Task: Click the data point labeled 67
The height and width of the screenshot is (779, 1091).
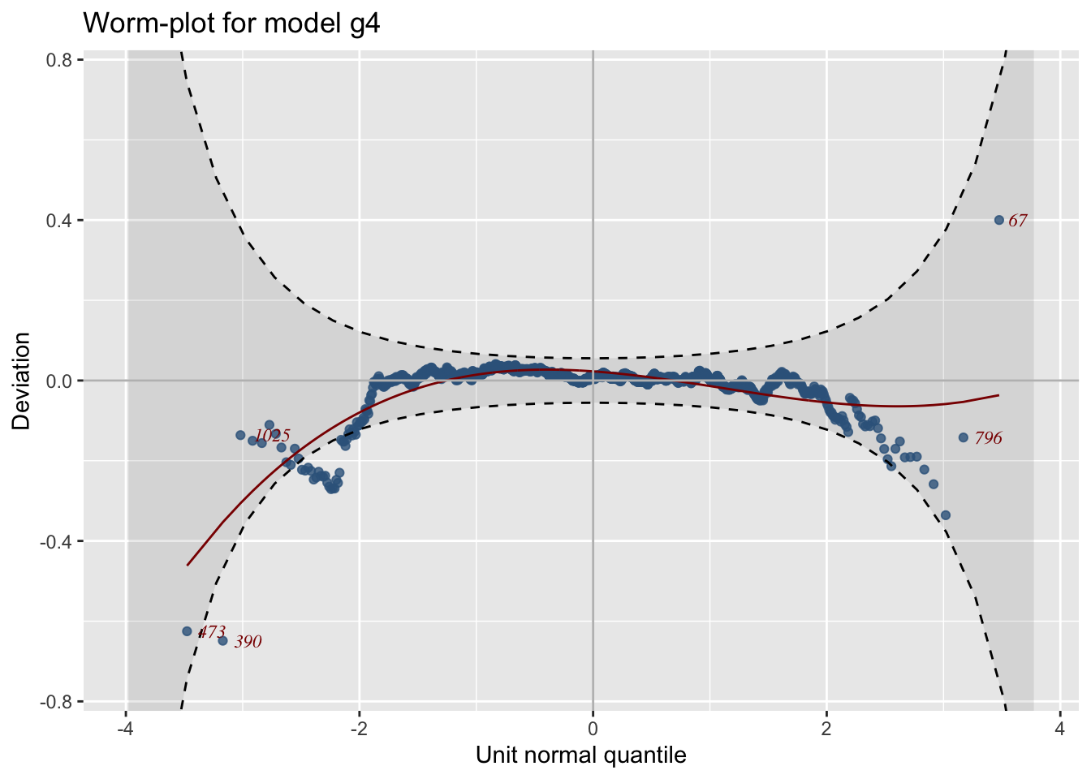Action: coord(999,220)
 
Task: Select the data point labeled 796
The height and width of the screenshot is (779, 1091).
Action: coord(964,437)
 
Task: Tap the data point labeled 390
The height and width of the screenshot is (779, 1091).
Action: coord(222,640)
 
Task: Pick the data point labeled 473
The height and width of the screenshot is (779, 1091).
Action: coord(187,631)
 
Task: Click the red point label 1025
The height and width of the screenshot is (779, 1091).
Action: coord(273,436)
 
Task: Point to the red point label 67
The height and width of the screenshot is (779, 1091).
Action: coord(1018,221)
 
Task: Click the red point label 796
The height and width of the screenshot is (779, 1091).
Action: coord(989,438)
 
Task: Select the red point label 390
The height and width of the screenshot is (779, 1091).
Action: coord(248,642)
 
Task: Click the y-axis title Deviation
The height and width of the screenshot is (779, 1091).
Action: coord(21,381)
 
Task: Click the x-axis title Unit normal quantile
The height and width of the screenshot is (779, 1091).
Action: coord(581,755)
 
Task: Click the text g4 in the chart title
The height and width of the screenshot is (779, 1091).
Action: coord(363,24)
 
